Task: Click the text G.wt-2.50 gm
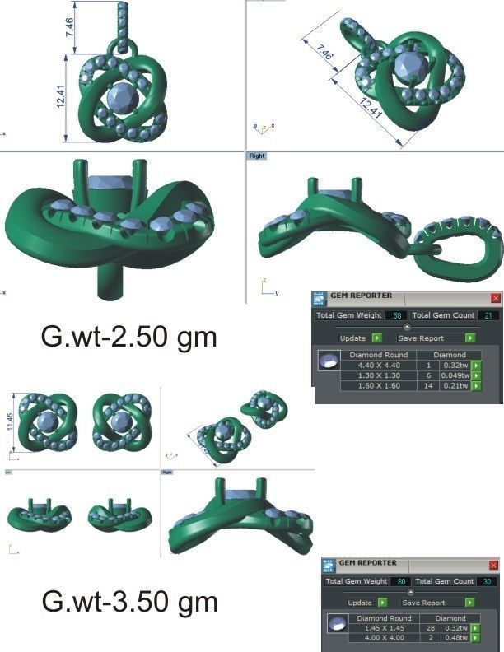[x=128, y=338]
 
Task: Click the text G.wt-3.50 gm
[x=129, y=602]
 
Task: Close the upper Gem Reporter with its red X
[x=495, y=297]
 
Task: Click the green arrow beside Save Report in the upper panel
[x=469, y=338]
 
